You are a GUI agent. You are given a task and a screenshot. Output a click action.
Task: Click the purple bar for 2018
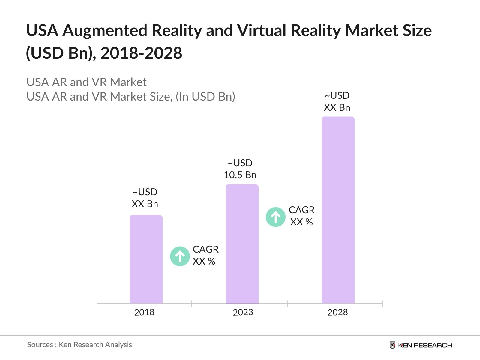(146, 259)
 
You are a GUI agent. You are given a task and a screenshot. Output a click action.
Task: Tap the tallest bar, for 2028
(338, 210)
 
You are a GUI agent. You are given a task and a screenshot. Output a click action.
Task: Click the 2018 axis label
(144, 312)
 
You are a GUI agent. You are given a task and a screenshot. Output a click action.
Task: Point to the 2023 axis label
(243, 312)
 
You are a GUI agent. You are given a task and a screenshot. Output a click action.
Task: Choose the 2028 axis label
(337, 312)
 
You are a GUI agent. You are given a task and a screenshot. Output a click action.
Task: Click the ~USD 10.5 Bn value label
(240, 169)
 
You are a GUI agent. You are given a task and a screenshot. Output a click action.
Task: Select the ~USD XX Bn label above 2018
(145, 198)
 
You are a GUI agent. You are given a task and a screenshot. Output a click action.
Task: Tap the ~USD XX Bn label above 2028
(337, 101)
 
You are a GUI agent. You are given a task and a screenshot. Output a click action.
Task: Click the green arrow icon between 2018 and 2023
(180, 256)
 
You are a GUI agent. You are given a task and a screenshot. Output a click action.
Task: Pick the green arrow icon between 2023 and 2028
(276, 217)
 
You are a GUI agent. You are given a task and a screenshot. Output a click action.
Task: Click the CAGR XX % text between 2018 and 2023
(205, 255)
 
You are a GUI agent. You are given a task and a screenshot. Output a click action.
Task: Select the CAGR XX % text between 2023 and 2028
(301, 216)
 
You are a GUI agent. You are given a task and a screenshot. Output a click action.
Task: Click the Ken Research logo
(421, 345)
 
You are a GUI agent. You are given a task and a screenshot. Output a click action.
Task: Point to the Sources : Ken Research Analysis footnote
(79, 345)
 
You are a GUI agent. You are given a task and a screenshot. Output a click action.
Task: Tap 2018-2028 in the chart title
(141, 53)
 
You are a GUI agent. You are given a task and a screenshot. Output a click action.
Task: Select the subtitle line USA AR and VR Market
(86, 82)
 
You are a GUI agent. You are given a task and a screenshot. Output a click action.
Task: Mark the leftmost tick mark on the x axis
(97, 304)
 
